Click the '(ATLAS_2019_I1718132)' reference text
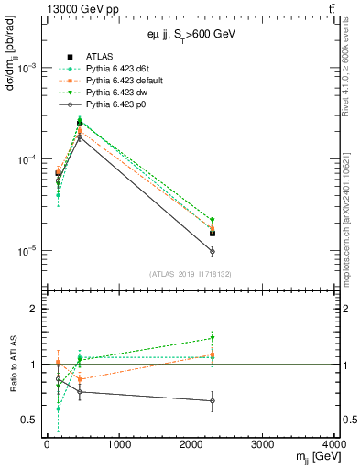click(x=190, y=273)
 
